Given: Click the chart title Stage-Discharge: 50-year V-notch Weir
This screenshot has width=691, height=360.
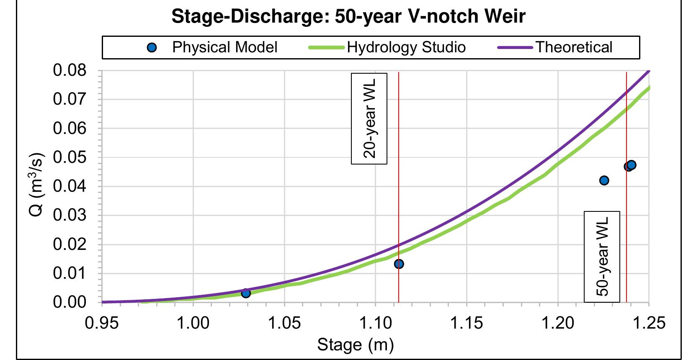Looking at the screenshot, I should (x=348, y=17).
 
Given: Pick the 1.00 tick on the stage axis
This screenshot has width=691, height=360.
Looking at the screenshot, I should (x=193, y=324).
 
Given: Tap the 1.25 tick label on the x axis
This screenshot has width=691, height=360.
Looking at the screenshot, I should (x=649, y=324).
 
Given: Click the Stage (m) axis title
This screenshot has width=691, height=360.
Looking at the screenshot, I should (x=356, y=345).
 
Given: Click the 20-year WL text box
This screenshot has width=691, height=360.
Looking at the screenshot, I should (x=369, y=118).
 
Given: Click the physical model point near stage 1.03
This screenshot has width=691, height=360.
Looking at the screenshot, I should (x=246, y=293).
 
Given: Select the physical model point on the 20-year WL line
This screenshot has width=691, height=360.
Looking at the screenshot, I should (x=399, y=264).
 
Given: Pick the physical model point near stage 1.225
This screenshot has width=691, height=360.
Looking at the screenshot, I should (x=604, y=180).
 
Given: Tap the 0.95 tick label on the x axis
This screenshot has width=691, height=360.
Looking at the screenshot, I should (x=102, y=324).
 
